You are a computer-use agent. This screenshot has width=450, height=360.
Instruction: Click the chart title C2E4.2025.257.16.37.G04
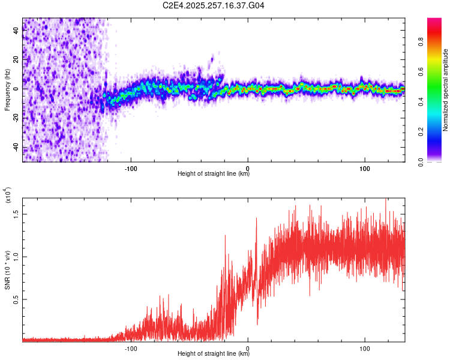click(x=214, y=5)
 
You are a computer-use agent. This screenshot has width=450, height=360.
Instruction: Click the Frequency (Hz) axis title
click(x=8, y=90)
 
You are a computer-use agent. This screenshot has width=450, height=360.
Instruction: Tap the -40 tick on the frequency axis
click(x=17, y=148)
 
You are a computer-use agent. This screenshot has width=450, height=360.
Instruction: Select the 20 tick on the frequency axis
click(x=17, y=59)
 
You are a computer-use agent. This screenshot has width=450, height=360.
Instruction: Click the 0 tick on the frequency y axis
click(x=17, y=89)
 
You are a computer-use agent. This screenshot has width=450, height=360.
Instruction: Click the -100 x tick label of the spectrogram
click(x=131, y=167)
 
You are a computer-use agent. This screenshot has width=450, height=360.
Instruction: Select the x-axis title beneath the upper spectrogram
click(x=214, y=174)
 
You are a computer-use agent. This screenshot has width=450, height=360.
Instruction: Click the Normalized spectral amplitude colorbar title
click(x=446, y=90)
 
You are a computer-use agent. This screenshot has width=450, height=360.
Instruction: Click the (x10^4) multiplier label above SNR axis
click(x=8, y=196)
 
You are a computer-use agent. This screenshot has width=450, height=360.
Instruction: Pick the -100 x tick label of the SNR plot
click(x=131, y=347)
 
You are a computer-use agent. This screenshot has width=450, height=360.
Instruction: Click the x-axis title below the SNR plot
click(x=214, y=354)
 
